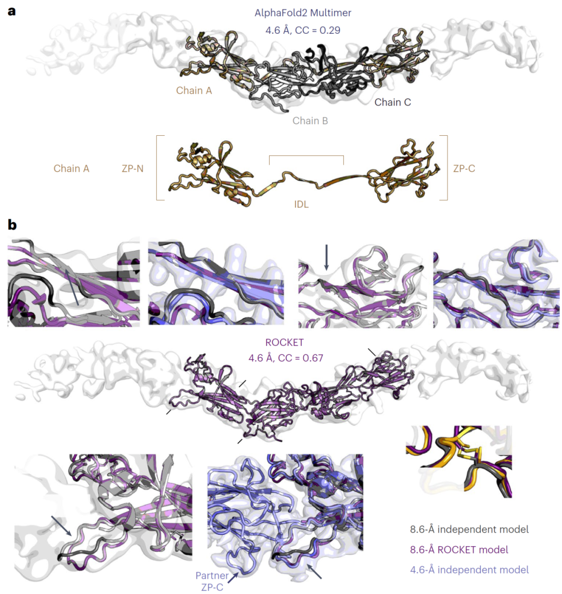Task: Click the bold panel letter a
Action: click(x=12, y=11)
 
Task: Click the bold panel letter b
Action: click(x=12, y=225)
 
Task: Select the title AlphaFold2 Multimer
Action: click(x=303, y=13)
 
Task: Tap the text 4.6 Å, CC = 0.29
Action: click(x=303, y=30)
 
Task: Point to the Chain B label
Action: click(x=310, y=121)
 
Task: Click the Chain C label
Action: click(x=392, y=102)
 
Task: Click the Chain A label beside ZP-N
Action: click(x=71, y=169)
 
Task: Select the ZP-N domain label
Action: click(x=133, y=169)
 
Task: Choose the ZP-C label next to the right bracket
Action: click(x=464, y=169)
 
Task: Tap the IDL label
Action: click(x=301, y=204)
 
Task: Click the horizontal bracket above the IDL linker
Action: click(x=306, y=156)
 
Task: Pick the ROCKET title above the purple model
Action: click(x=284, y=342)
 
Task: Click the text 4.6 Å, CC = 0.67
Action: click(x=286, y=358)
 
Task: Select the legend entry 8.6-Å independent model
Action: click(x=469, y=529)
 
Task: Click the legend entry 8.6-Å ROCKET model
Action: click(x=459, y=550)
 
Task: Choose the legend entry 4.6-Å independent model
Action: click(x=469, y=570)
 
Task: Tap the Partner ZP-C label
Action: click(x=212, y=581)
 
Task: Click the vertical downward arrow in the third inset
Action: click(x=326, y=257)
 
